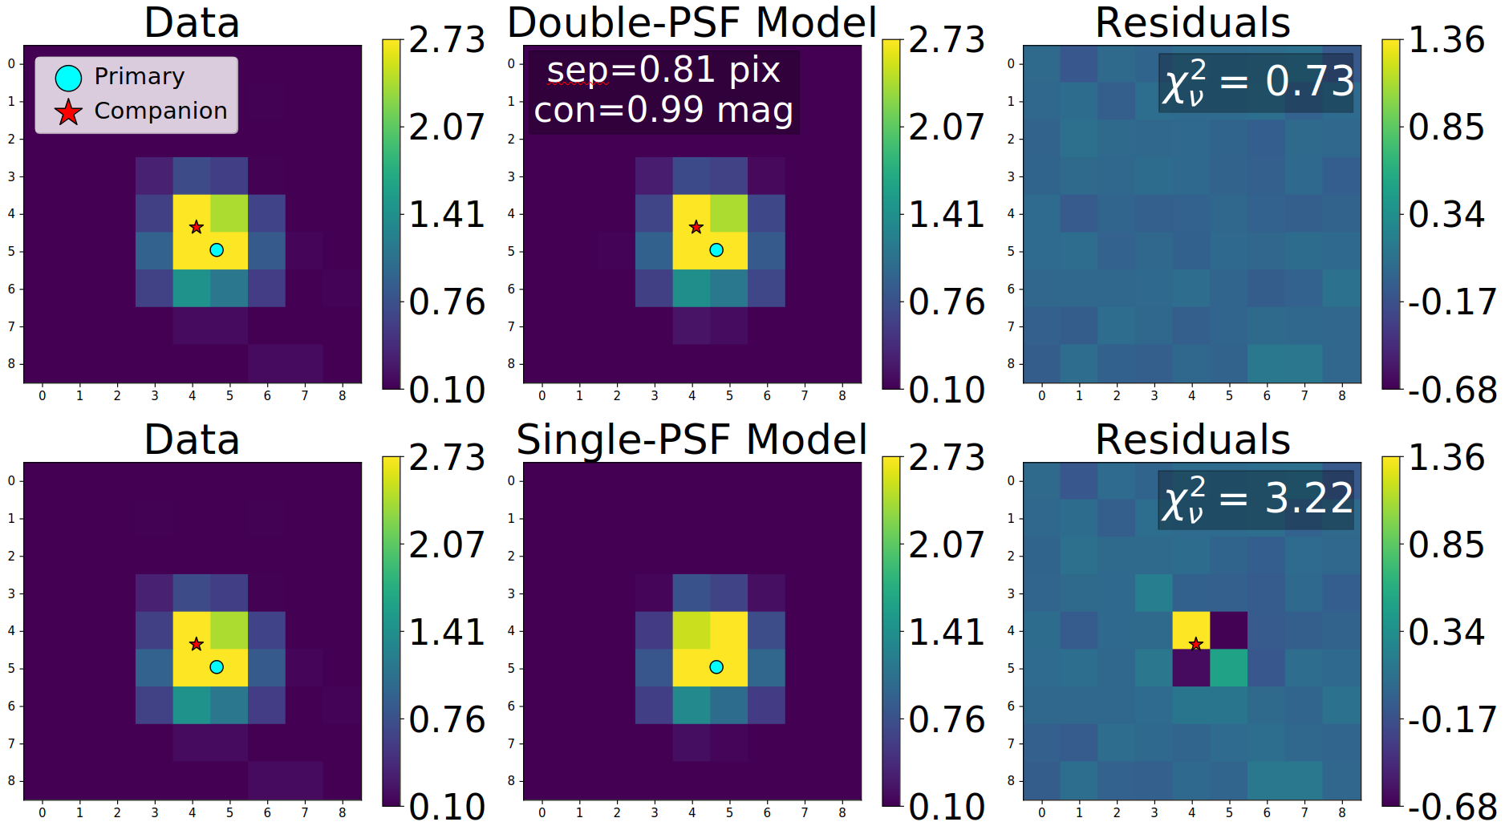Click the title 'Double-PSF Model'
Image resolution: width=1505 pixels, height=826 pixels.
692,22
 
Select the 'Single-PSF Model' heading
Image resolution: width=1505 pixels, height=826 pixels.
692,439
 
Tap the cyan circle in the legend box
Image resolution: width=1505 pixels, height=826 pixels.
68,78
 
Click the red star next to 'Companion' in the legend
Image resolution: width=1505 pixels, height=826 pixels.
68,112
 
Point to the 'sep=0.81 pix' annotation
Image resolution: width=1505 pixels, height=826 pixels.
663,71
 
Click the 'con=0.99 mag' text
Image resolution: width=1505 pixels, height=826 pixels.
663,110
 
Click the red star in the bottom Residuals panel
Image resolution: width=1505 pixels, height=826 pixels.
1195,644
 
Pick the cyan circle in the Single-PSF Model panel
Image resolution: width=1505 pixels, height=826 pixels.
716,667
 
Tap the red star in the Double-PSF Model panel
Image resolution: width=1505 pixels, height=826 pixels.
696,228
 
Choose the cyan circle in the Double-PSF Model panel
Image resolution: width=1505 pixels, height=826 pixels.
716,250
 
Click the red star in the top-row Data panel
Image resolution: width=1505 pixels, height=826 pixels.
197,228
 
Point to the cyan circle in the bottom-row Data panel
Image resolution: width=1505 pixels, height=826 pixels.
217,667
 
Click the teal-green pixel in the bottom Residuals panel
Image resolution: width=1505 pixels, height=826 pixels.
1228,667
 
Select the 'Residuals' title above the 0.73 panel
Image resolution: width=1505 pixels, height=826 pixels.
1192,22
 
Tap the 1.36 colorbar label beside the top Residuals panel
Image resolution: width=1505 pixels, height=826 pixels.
1446,40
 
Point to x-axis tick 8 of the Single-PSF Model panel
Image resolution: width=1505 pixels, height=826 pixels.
842,812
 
